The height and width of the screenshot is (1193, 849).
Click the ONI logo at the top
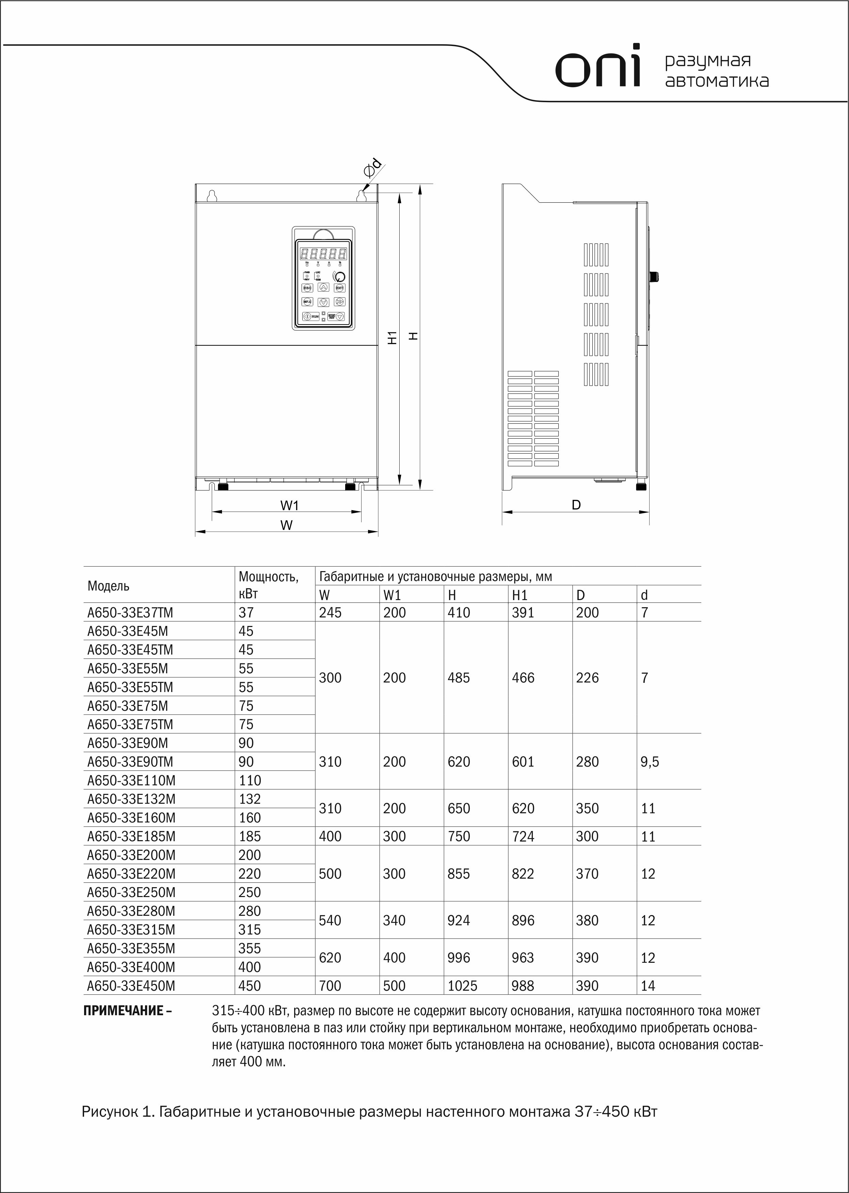[x=597, y=66]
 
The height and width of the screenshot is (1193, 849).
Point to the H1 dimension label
[x=393, y=338]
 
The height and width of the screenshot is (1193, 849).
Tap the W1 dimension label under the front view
[x=289, y=506]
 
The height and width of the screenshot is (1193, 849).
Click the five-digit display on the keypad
[x=323, y=254]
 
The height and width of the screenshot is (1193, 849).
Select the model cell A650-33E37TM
[x=130, y=612]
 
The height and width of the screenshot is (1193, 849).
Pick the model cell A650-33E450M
[x=131, y=986]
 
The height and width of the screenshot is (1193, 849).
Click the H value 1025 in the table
[x=463, y=986]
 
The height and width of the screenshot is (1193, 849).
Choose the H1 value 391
[x=523, y=612]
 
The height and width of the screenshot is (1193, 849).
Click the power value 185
[x=250, y=836]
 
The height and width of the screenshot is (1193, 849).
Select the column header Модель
[x=108, y=586]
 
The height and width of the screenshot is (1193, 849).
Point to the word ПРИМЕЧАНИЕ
[x=124, y=1010]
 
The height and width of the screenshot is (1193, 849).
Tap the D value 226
[x=587, y=678]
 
